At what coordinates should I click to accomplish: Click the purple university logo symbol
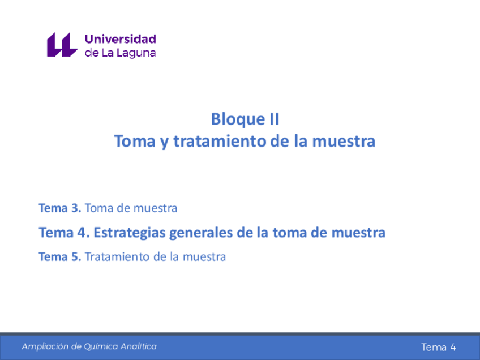pos(62,45)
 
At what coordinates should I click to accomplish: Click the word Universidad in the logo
pos(121,39)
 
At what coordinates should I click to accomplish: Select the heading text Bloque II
pos(245,119)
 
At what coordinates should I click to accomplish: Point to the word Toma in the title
pos(135,141)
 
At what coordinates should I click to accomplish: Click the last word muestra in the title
pos(344,142)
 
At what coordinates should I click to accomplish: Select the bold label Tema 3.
pos(59,208)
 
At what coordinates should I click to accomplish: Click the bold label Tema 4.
pos(64,233)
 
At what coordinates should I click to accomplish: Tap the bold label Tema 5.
pos(59,257)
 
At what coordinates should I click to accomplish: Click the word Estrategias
pos(130,233)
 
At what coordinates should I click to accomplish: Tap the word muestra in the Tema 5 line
pos(204,257)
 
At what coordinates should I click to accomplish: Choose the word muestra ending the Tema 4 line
pos(358,233)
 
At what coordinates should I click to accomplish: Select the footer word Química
pos(101,347)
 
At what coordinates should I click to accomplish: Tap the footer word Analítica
pos(138,346)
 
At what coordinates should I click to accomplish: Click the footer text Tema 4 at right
pos(438,347)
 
